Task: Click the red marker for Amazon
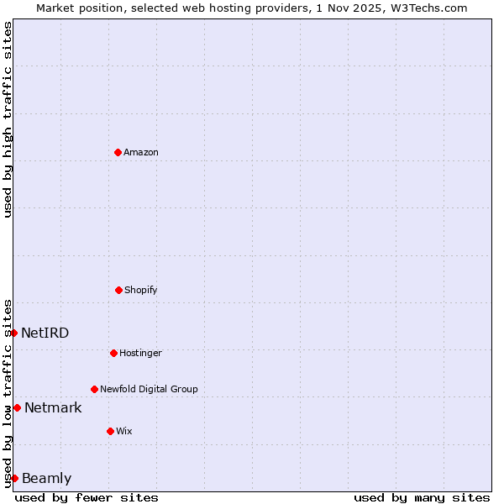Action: pyautogui.click(x=118, y=152)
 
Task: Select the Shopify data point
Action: pyautogui.click(x=118, y=290)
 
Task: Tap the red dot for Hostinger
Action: pyautogui.click(x=113, y=353)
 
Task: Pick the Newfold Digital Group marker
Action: pyautogui.click(x=94, y=389)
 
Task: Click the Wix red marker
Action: pyautogui.click(x=110, y=431)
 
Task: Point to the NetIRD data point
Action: pyautogui.click(x=13, y=333)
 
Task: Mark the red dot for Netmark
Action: pyautogui.click(x=17, y=407)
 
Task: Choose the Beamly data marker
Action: pyautogui.click(x=14, y=478)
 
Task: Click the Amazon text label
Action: pyautogui.click(x=141, y=152)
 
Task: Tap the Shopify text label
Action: pyautogui.click(x=141, y=290)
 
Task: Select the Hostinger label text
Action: pyautogui.click(x=140, y=353)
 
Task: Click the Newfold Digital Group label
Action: pyautogui.click(x=149, y=389)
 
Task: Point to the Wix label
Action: pyautogui.click(x=124, y=431)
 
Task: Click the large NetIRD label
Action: pyautogui.click(x=45, y=333)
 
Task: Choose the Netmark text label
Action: pyautogui.click(x=53, y=407)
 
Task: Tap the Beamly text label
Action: pyautogui.click(x=46, y=479)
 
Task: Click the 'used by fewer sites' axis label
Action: pyautogui.click(x=87, y=497)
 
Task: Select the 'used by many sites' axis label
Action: pyautogui.click(x=422, y=497)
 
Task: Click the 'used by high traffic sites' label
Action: pyautogui.click(x=8, y=119)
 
